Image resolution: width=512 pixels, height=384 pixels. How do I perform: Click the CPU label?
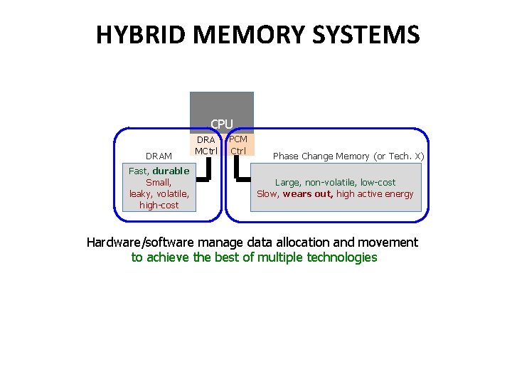[221, 124]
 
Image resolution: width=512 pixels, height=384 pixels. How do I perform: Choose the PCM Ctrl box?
[239, 145]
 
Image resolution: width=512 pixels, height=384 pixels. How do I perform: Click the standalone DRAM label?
[159, 156]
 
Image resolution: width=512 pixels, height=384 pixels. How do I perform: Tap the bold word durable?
[171, 171]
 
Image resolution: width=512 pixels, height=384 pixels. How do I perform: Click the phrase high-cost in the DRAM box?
[159, 205]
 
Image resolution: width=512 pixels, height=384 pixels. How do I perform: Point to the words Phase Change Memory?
[321, 156]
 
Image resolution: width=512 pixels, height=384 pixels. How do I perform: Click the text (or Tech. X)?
[400, 156]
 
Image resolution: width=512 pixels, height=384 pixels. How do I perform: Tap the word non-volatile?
[336, 183]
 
